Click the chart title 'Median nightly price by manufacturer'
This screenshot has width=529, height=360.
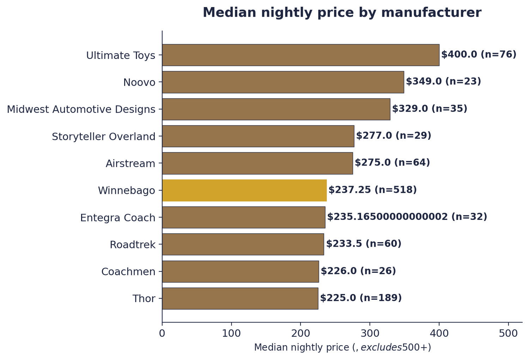[342, 13]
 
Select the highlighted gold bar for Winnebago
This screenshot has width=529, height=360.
[244, 190]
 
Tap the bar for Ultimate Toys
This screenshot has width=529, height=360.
[300, 55]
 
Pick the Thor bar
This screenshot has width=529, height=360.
[240, 299]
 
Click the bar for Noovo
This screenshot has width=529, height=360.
[283, 82]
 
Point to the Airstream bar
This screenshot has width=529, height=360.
[257, 163]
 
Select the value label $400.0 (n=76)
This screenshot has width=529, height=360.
[479, 54]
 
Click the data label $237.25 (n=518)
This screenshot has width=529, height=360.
[372, 190]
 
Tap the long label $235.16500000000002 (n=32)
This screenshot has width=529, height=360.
[407, 217]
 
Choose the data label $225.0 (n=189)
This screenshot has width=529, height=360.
[361, 298]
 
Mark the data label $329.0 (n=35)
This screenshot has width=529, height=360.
[430, 109]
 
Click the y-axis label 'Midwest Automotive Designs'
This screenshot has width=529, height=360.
[81, 109]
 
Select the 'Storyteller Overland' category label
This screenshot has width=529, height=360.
[104, 137]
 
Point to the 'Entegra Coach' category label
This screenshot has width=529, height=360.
[118, 218]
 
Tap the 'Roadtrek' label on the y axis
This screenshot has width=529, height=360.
[133, 245]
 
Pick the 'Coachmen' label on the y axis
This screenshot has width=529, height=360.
[128, 272]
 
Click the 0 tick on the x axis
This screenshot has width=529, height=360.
[162, 333]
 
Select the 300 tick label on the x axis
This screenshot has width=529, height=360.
[370, 333]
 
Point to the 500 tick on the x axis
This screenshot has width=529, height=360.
[509, 333]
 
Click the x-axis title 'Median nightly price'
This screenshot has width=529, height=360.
[342, 348]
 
